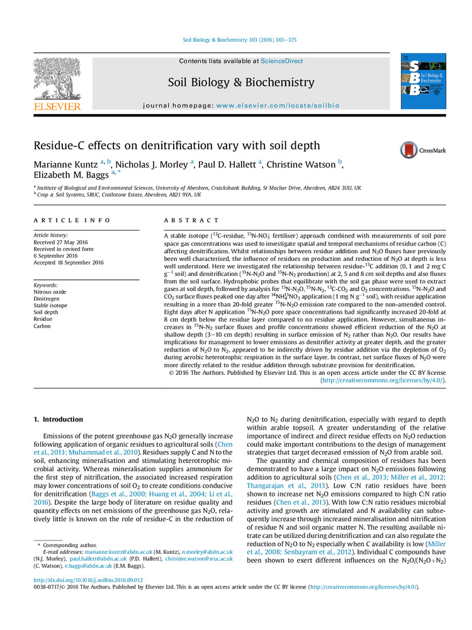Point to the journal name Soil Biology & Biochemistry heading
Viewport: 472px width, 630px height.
241,83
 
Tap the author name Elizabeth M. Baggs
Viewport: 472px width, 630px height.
70,177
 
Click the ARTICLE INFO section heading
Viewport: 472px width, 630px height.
72,220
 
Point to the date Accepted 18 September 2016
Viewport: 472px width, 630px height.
69,263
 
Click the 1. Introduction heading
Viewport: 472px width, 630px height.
58,420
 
